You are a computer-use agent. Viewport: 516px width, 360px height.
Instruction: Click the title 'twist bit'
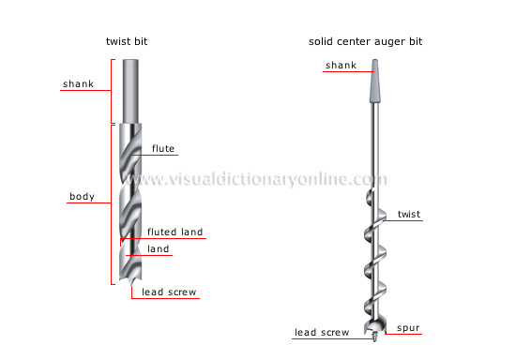[128, 42]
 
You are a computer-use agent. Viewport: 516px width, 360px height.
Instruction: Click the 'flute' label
[163, 148]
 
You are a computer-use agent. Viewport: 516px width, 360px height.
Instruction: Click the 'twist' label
[409, 215]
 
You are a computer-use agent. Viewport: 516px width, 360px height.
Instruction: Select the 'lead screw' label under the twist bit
[169, 292]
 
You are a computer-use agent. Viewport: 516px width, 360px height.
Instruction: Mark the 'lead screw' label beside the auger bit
[321, 331]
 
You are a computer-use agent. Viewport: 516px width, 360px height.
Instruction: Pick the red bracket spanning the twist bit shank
[113, 91]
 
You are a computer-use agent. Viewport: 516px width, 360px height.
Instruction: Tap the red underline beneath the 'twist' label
[409, 222]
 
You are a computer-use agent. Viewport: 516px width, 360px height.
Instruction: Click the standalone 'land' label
[158, 248]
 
